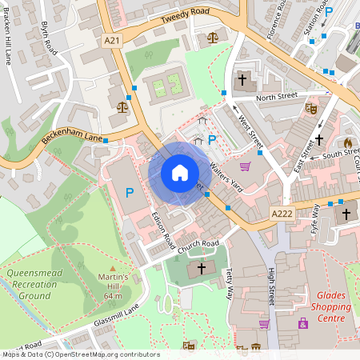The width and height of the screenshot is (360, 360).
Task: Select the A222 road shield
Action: point(282,214)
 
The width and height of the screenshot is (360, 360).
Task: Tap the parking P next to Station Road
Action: point(330,12)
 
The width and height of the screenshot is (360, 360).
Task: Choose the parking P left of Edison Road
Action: point(130,193)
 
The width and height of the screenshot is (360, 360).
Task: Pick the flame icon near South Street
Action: point(347,121)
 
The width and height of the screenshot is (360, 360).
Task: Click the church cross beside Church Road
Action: point(201,267)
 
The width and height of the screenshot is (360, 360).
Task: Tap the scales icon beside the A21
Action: point(122,106)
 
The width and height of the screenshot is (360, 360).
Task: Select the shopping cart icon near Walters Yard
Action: point(246,166)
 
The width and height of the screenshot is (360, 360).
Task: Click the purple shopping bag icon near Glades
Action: point(303,324)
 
